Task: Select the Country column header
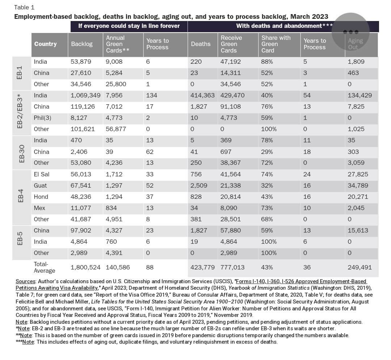[45, 44]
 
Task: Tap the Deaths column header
[201, 44]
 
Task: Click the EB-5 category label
[20, 241]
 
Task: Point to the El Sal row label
[41, 174]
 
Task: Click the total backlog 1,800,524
[86, 267]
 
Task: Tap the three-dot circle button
[350, 32]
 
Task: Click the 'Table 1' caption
[24, 7]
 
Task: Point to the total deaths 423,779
[202, 267]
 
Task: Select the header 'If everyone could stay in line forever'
[129, 26]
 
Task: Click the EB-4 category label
[20, 197]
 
